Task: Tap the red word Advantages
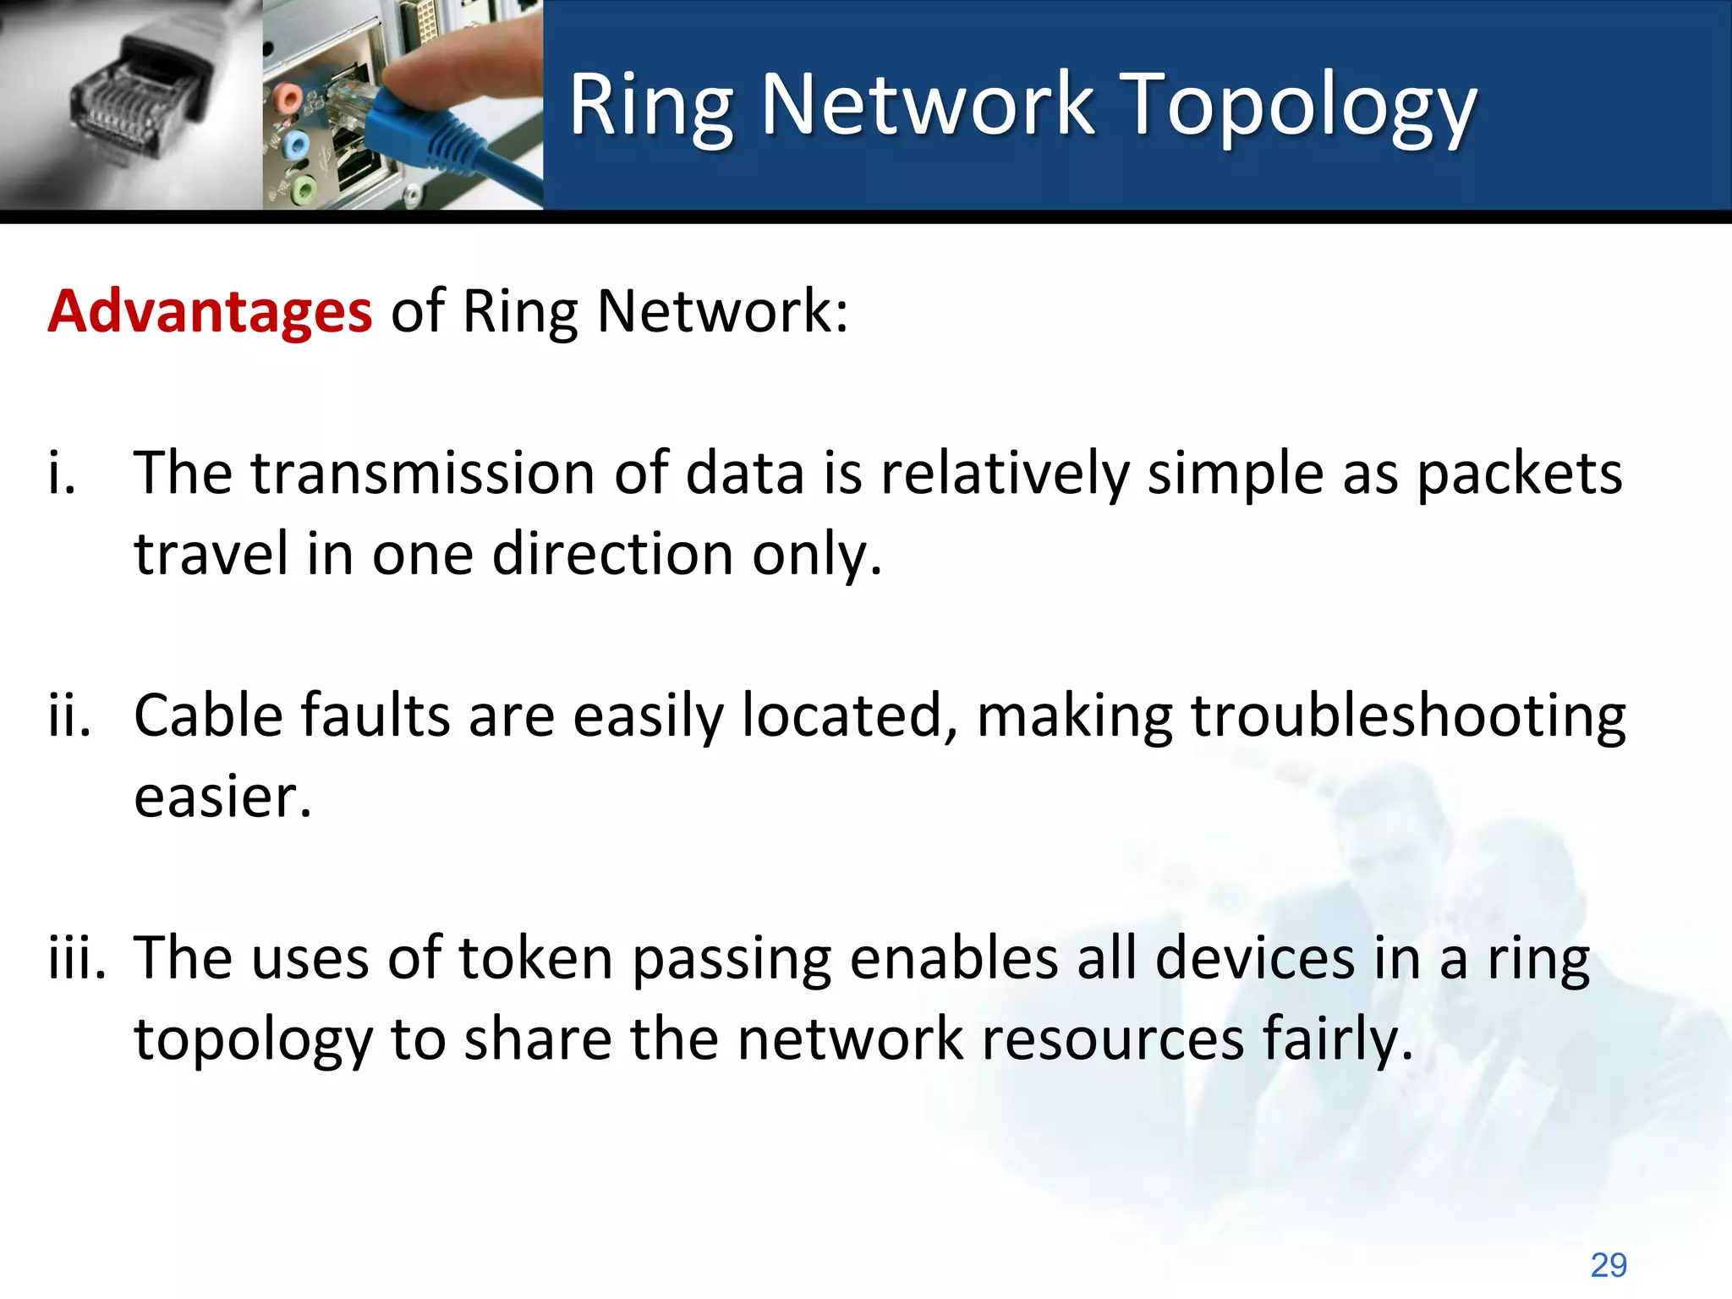click(x=209, y=311)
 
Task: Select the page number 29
click(x=1608, y=1265)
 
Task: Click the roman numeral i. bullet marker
click(x=62, y=474)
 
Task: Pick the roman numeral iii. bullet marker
click(x=77, y=959)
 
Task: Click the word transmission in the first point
click(x=423, y=474)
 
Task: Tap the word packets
click(x=1519, y=474)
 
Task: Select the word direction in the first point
click(x=612, y=554)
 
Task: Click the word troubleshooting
click(x=1408, y=716)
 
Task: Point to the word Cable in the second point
click(x=208, y=716)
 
